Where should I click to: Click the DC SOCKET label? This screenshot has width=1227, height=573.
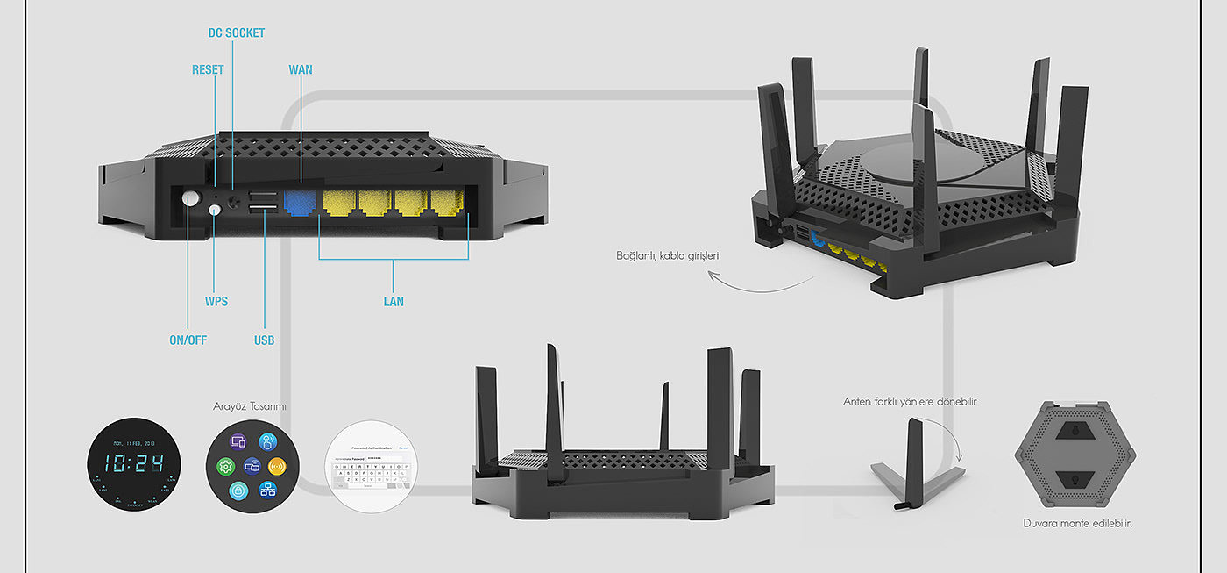coord(236,33)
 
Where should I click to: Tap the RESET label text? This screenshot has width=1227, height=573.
coord(208,70)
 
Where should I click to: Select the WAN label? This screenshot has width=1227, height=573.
coord(300,70)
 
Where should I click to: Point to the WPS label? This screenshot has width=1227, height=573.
coord(216,302)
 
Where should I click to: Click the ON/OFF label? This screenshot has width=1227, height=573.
coord(188,340)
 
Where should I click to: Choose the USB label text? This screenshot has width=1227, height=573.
coord(264,340)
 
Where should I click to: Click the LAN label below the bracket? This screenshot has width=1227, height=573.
coord(394,302)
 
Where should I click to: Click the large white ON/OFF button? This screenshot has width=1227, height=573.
coord(191,198)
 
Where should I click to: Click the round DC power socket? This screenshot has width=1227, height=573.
coord(234,202)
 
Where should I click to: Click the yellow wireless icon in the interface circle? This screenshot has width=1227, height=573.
coord(278,466)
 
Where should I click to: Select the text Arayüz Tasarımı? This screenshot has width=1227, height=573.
coord(250,407)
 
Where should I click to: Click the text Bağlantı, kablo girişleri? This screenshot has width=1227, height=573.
coord(667,257)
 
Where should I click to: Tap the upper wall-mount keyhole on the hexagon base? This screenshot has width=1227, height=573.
coord(1075,431)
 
